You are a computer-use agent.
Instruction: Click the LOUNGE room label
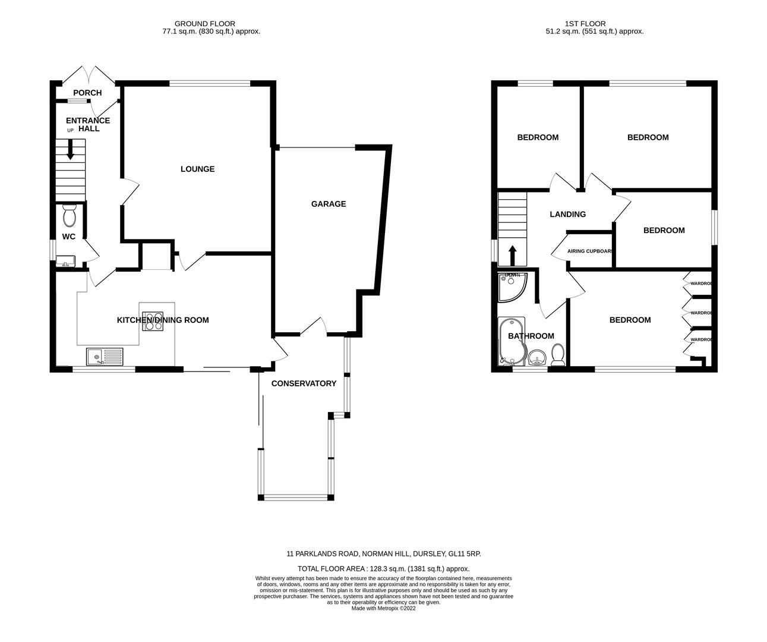(x=197, y=169)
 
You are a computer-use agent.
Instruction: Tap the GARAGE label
(x=328, y=204)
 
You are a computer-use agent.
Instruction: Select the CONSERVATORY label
(x=304, y=383)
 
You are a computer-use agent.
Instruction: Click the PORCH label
(x=87, y=93)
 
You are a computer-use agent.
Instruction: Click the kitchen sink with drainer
(x=104, y=356)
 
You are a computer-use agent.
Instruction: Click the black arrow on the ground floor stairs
(x=70, y=150)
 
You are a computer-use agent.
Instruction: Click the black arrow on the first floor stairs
(x=512, y=255)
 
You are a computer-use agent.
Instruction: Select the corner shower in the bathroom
(x=511, y=285)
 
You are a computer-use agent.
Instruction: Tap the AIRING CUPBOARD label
(x=590, y=251)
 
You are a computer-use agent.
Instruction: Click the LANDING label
(x=567, y=215)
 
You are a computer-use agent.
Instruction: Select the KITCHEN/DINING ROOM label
(x=163, y=320)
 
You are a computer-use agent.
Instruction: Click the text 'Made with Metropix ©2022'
(x=383, y=608)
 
